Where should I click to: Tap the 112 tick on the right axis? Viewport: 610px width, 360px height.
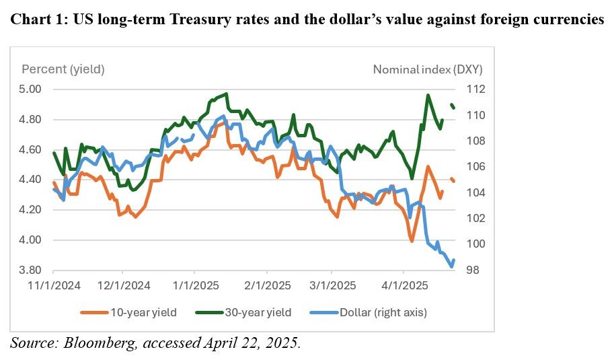(x=469, y=89)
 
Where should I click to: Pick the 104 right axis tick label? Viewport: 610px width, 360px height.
(x=469, y=192)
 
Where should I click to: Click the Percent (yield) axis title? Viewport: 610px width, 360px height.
(x=63, y=69)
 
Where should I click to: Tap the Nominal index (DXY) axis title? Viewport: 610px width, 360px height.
(x=428, y=69)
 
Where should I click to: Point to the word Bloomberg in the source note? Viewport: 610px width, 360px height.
(x=92, y=343)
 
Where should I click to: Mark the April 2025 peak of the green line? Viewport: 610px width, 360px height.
(x=428, y=95)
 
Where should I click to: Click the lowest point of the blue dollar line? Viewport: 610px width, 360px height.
(x=451, y=266)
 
